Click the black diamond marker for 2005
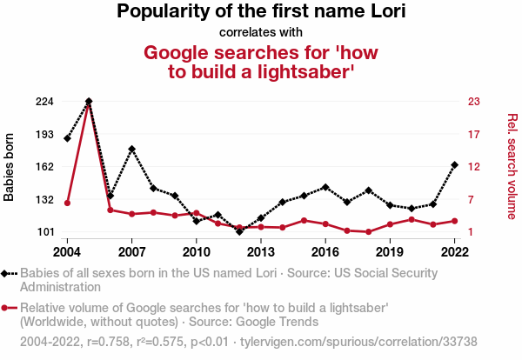pos(89,102)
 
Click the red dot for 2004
pos(67,203)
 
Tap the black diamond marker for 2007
pos(131,150)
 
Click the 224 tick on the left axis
pos(44,102)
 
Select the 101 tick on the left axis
pos(44,232)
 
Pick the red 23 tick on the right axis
pos(475,102)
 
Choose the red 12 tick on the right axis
pos(475,167)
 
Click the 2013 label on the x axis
pos(261,252)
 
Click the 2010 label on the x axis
pos(197,252)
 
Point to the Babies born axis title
pos(10,167)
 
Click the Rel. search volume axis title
pos(512,167)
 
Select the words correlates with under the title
pos(261,33)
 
